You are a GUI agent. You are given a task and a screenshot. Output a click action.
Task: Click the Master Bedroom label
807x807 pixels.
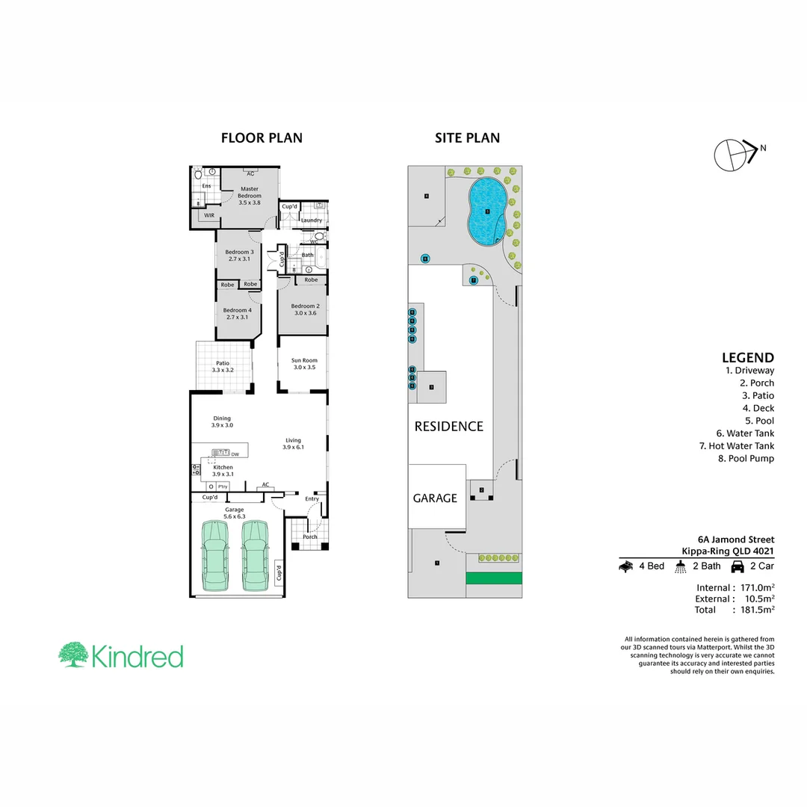250,193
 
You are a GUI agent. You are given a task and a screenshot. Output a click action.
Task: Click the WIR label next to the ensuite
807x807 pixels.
209,215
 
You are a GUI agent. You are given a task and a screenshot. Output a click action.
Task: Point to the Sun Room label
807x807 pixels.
304,360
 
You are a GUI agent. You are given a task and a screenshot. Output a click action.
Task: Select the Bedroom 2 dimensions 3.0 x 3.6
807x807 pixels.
305,313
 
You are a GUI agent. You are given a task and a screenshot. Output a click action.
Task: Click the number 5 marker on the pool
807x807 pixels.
487,211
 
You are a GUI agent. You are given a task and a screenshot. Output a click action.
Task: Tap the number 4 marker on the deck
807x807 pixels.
426,197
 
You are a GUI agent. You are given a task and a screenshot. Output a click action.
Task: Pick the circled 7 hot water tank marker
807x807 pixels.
473,280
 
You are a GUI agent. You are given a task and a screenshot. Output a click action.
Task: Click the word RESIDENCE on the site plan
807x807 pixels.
449,427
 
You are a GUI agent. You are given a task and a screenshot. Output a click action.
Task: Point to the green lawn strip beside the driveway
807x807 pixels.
493,578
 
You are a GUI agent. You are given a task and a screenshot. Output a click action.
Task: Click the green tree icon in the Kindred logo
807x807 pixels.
73,655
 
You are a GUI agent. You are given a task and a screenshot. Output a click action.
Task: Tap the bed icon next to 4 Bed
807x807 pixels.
626,566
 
